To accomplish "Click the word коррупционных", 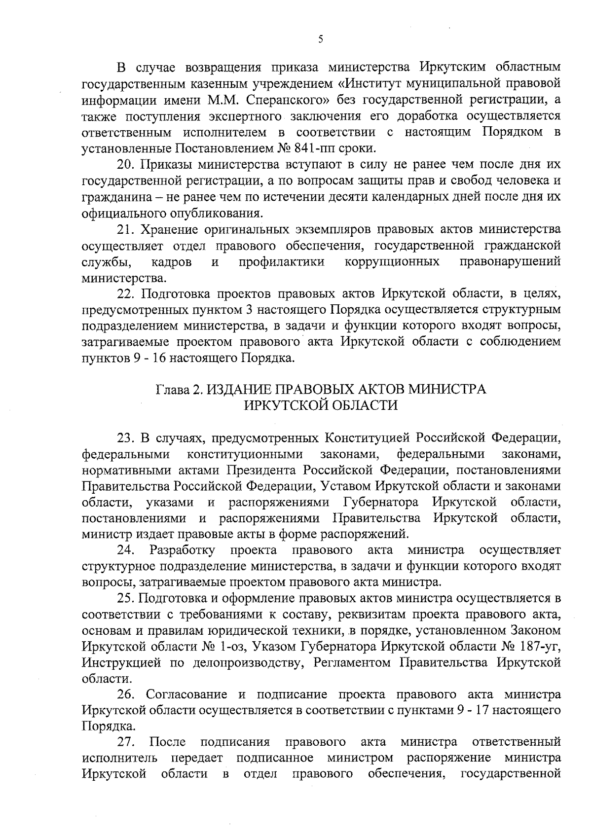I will (x=392, y=261).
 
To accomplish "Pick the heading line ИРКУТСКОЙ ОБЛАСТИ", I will (x=321, y=405).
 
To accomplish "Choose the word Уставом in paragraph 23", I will (x=346, y=486).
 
